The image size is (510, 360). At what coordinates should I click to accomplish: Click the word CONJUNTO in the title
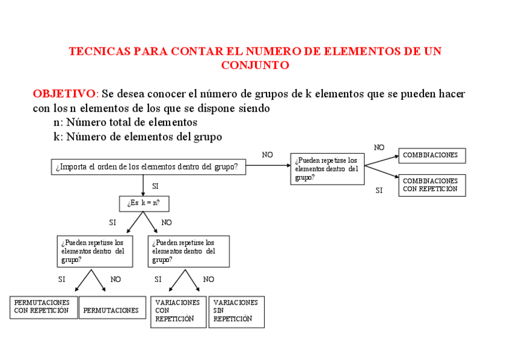[x=255, y=66]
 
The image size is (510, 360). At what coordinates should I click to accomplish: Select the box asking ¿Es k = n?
[x=144, y=204]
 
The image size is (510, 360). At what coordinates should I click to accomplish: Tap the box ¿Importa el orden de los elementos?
[x=149, y=167]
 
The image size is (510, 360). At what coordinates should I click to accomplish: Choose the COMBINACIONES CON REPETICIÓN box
[x=432, y=185]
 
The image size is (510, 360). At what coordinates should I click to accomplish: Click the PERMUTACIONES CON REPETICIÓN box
[x=43, y=307]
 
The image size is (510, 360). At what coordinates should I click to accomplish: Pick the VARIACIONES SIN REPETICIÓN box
[x=236, y=311]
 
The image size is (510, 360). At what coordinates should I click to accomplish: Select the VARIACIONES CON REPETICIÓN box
[x=178, y=311]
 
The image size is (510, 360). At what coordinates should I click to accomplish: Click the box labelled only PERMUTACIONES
[x=112, y=310]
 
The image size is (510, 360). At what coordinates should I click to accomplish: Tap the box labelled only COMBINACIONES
[x=432, y=156]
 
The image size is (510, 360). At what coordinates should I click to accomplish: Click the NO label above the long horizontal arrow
[x=268, y=155]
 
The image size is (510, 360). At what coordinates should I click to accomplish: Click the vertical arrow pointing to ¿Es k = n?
[x=143, y=185]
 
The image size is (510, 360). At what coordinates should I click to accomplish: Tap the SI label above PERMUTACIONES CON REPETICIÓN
[x=62, y=279]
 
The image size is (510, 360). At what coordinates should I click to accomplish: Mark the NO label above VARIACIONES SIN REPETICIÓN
[x=209, y=279]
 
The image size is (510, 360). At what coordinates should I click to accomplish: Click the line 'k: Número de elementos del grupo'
[x=138, y=137]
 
